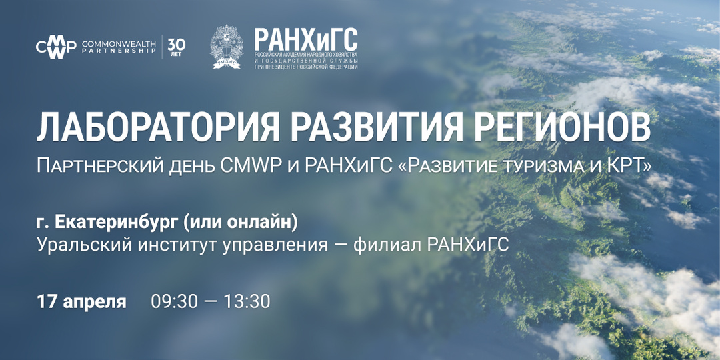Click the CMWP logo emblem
(56, 47)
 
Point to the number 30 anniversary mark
(177, 44)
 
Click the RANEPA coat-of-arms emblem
(227, 47)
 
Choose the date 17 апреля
(81, 301)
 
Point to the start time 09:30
(174, 301)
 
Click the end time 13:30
(247, 301)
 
